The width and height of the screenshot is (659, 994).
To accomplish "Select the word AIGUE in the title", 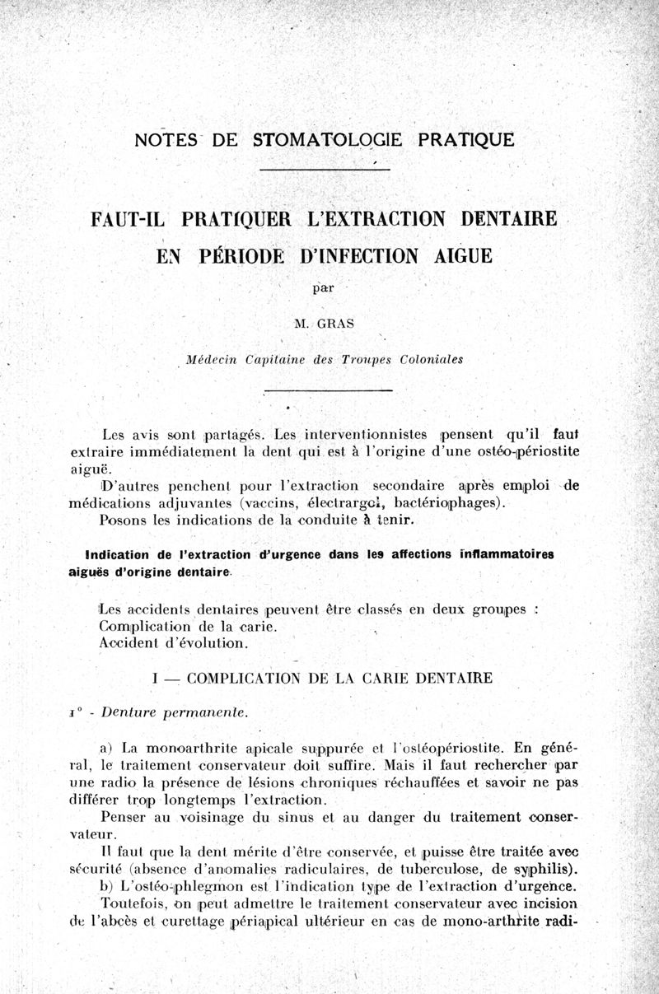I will tap(456, 254).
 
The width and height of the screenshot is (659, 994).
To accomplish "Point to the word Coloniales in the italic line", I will tap(423, 359).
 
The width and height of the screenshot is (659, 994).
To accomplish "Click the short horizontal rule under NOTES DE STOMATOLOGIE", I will tap(325, 170).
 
